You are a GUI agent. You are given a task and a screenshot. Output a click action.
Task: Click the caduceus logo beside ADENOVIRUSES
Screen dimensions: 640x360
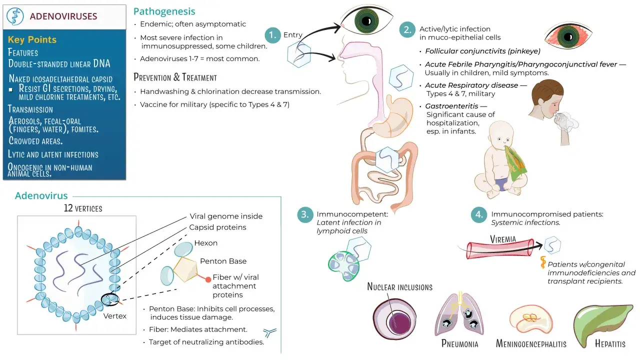15,16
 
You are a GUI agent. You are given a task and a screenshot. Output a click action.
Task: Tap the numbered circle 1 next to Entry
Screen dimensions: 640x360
272,35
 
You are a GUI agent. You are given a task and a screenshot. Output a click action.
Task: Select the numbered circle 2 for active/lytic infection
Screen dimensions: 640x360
407,29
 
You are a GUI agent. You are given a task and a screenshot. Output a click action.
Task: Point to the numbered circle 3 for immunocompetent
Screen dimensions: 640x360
305,214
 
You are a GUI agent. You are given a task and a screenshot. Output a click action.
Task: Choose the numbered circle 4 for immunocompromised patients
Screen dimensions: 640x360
479,214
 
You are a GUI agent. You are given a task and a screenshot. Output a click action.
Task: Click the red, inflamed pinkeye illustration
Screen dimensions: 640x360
568,36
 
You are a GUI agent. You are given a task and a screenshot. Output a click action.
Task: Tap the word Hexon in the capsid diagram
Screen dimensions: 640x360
205,243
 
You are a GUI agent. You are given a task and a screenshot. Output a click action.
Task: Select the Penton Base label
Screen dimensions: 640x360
223,261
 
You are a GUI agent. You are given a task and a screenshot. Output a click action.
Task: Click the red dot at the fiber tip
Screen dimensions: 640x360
208,279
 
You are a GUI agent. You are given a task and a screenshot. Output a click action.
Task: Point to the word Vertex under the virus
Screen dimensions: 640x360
115,316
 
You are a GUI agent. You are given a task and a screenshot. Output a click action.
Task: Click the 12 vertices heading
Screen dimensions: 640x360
83,208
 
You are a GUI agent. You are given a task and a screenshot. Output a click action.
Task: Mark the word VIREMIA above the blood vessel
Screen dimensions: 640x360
503,239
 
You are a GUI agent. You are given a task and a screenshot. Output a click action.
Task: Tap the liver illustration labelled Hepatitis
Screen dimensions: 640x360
603,324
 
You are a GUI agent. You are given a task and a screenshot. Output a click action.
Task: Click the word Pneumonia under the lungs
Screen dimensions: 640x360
459,343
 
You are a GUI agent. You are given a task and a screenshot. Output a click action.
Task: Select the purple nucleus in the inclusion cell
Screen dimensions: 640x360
399,323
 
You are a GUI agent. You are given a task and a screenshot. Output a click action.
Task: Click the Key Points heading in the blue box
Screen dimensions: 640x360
32,39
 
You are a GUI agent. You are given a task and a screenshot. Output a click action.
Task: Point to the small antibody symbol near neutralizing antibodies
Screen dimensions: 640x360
269,332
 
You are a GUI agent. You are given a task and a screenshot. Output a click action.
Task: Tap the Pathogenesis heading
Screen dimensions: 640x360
164,11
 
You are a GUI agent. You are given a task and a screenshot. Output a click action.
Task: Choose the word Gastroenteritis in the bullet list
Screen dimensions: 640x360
451,106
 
